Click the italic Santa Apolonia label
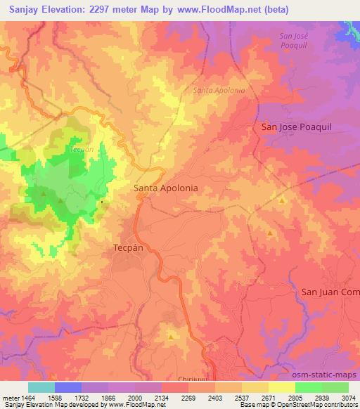[x=219, y=91]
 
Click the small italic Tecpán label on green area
[x=82, y=150]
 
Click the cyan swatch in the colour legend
[x=41, y=387]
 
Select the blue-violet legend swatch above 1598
[x=68, y=387]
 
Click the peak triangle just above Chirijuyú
[x=171, y=337]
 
